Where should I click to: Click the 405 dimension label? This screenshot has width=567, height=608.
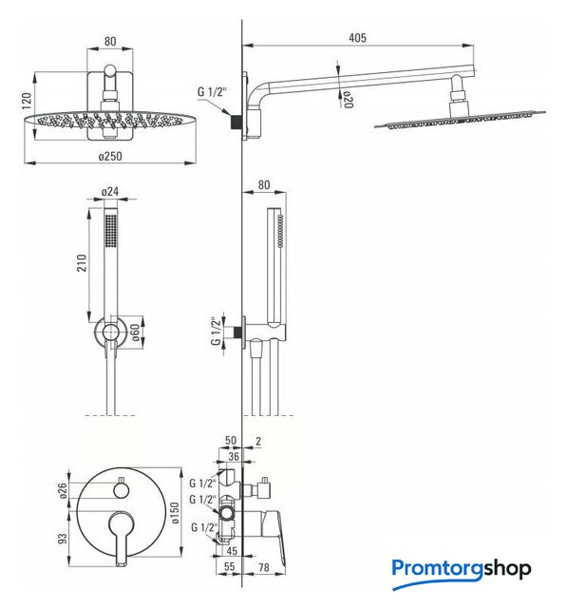[357, 38]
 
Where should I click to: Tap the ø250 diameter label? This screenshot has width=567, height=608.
[110, 156]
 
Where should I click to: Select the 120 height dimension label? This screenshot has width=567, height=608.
[27, 101]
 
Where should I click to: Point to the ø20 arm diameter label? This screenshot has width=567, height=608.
[349, 100]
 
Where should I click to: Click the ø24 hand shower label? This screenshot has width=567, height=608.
[110, 192]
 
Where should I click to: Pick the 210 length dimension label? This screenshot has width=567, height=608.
[82, 263]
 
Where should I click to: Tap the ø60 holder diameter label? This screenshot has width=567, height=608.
[135, 332]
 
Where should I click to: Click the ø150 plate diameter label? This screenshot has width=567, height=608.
[175, 513]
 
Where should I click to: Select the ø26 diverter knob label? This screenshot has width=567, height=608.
[64, 491]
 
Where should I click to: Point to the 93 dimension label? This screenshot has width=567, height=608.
[63, 539]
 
